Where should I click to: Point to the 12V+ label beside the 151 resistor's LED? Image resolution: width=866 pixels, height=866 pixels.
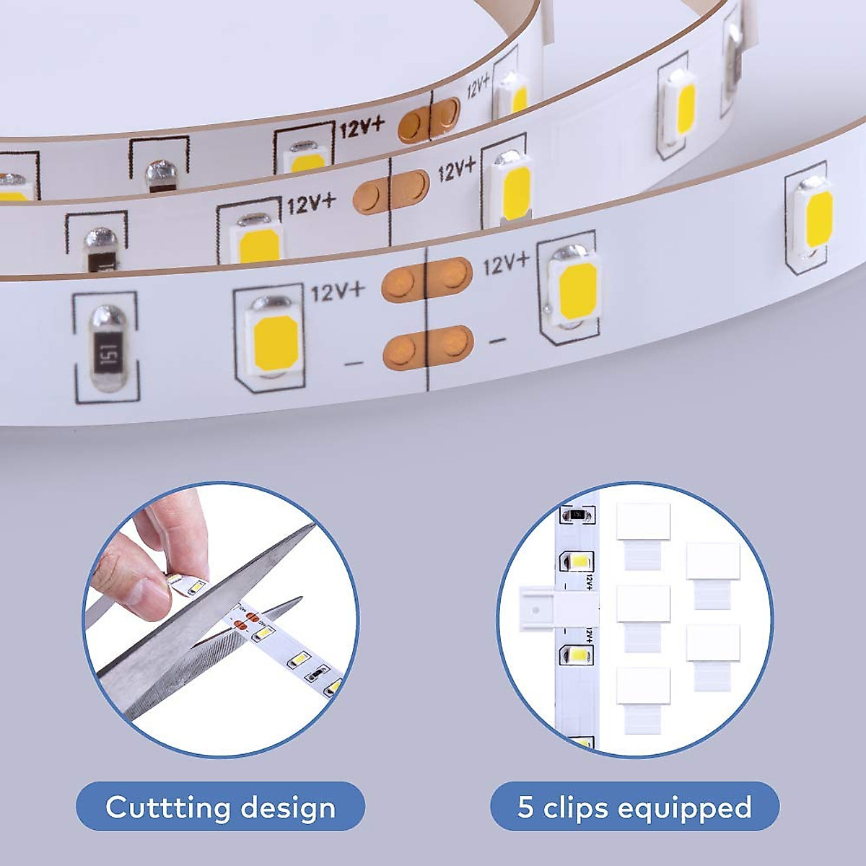coord(338,292)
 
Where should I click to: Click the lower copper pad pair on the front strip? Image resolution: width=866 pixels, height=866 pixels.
coord(428,347)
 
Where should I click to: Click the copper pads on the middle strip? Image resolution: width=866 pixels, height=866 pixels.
coord(390,191)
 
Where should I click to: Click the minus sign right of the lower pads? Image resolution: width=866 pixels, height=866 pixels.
coord(497,340)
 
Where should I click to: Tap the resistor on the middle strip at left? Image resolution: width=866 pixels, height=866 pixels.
coord(99,249)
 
